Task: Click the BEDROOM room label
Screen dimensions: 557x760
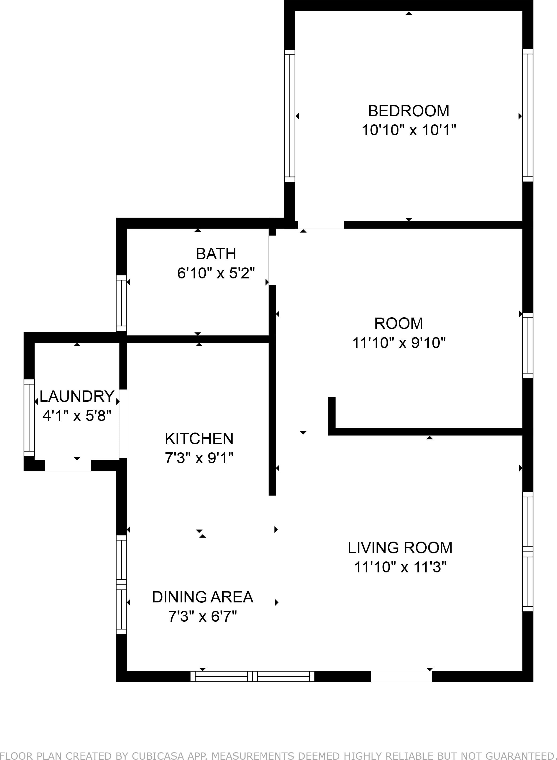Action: [x=408, y=111]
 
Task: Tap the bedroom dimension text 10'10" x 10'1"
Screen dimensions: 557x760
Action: [x=409, y=130]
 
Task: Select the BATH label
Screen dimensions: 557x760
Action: [x=216, y=254]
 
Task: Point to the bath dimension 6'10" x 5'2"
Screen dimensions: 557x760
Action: [x=216, y=273]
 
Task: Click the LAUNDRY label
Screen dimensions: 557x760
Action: [x=77, y=396]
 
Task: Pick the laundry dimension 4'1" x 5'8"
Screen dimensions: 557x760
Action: [x=77, y=416]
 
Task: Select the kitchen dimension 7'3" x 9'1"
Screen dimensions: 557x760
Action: [x=199, y=458]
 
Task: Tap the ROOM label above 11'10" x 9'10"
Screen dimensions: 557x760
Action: [x=398, y=323]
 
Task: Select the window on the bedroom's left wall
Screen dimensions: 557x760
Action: [x=290, y=116]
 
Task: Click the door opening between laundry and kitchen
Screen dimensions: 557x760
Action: [x=123, y=424]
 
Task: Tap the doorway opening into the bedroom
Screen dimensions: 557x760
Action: [x=321, y=225]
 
